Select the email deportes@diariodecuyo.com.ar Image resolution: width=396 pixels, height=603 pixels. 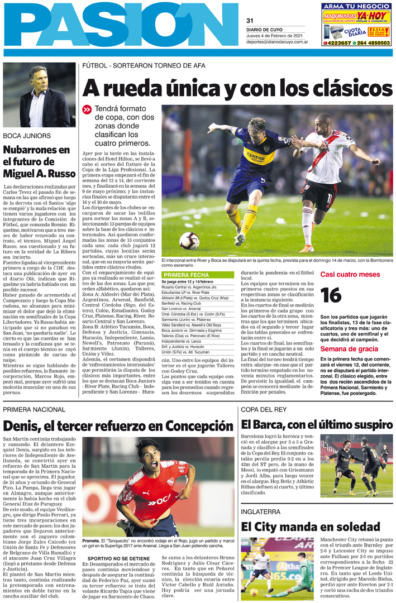point(275,42)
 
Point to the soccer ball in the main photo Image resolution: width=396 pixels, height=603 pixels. point(189,241)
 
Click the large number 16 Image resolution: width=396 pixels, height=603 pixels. point(331,295)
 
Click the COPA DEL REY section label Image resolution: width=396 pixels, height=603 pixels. point(264,410)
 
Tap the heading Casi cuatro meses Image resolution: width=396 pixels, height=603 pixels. point(350,274)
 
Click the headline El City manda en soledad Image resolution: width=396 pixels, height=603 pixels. point(310,526)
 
